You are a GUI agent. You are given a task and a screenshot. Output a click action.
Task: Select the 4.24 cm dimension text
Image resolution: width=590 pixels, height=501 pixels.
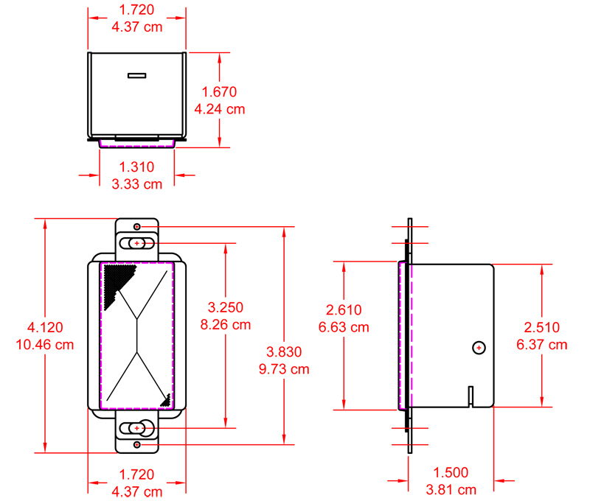(x=219, y=109)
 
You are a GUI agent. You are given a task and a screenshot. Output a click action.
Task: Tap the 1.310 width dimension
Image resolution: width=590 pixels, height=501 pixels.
(x=136, y=168)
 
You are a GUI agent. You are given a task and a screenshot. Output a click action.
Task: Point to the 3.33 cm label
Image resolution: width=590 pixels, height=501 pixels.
(x=136, y=184)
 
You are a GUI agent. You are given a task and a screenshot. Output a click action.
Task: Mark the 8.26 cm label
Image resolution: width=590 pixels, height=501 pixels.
(x=226, y=324)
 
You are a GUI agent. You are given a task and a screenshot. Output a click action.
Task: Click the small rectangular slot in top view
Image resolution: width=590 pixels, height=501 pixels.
(x=137, y=74)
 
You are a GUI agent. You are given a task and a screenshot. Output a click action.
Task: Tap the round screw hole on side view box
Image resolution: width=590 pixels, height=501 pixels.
(x=479, y=347)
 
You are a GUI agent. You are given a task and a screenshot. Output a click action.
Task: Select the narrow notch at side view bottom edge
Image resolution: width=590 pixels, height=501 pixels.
(x=470, y=396)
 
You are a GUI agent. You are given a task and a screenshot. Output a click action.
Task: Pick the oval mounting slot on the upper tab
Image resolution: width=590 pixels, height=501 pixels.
(x=138, y=243)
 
